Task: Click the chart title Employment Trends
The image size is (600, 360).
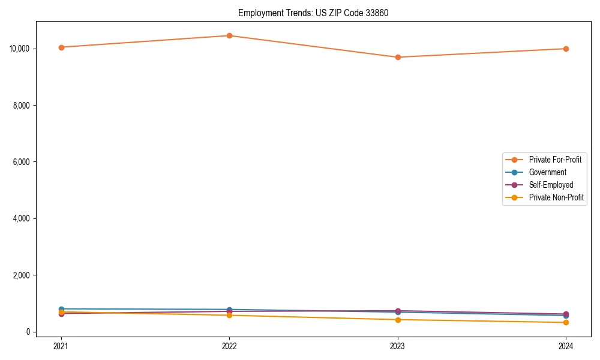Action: (x=313, y=13)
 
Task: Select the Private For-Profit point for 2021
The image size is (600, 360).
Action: (x=61, y=47)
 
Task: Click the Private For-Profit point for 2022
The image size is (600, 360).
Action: (x=229, y=35)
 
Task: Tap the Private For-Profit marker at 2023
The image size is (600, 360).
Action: (x=398, y=58)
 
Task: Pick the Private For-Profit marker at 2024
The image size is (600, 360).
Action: (x=566, y=49)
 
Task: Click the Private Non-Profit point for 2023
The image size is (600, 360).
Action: (x=398, y=320)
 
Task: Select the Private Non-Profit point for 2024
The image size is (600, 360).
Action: (x=566, y=323)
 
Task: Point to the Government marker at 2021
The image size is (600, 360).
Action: (x=61, y=309)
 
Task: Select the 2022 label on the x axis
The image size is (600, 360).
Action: (x=229, y=346)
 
